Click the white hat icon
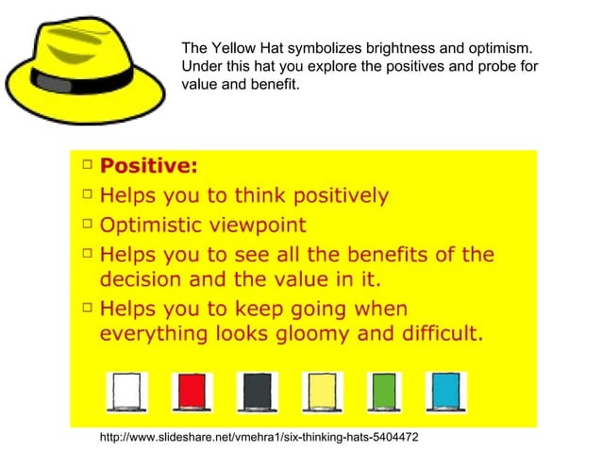[x=126, y=390]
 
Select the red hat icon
[x=191, y=390]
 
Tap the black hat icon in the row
[x=256, y=390]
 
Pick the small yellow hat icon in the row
[x=321, y=390]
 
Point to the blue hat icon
[x=445, y=390]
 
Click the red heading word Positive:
[x=149, y=167]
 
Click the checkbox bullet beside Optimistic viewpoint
[x=87, y=225]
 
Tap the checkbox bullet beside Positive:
[x=87, y=166]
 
